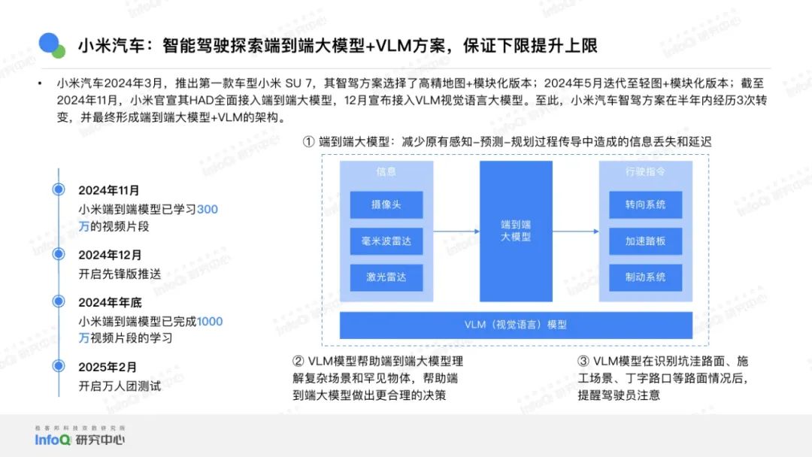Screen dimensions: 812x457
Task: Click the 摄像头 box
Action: tap(386, 204)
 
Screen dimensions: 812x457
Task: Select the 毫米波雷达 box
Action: tap(386, 241)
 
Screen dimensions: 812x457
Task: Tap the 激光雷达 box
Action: tap(386, 277)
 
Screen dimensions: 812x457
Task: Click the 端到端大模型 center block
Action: tap(516, 231)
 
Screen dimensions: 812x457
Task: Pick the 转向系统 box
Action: tap(645, 204)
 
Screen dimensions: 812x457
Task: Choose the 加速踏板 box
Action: tap(645, 241)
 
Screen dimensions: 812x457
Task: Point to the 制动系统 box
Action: tap(645, 277)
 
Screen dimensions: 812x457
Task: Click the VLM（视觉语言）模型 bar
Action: tap(516, 325)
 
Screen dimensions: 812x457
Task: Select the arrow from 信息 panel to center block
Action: tap(456, 232)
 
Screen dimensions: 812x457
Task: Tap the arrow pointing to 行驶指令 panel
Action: tap(576, 232)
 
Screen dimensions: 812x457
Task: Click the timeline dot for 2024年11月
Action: tap(59, 189)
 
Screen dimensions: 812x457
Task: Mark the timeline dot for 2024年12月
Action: tap(59, 254)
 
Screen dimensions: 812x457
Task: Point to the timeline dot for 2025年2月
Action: tap(59, 366)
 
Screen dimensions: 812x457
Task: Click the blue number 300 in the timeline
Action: tap(208, 210)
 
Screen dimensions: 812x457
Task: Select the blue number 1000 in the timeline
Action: tap(210, 322)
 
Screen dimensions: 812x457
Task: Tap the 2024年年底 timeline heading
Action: tap(110, 302)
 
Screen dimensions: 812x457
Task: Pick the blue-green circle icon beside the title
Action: tap(51, 45)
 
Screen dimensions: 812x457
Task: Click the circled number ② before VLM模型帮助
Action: tap(298, 362)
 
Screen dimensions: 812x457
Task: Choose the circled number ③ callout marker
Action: tap(583, 362)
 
